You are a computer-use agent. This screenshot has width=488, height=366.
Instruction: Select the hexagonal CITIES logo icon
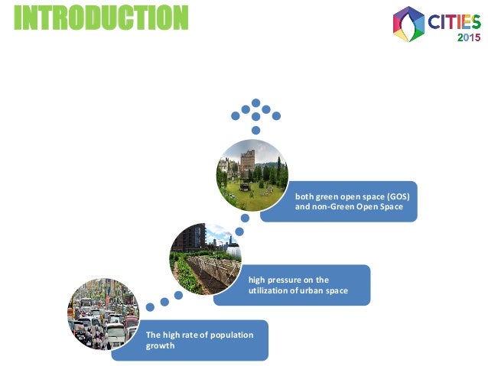click(x=408, y=24)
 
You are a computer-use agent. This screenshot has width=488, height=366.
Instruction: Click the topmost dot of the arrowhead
click(x=256, y=101)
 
